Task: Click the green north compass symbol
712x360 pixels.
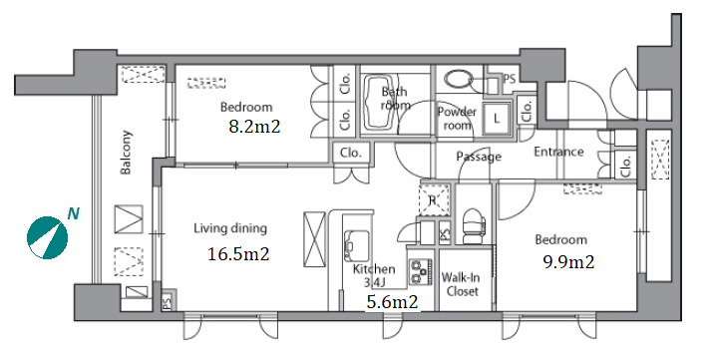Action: click(x=47, y=238)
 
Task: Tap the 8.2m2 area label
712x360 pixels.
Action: click(x=254, y=127)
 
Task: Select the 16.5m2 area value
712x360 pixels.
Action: click(x=238, y=253)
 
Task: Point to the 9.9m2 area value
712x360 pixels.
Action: click(x=569, y=261)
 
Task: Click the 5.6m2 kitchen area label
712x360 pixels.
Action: click(x=392, y=302)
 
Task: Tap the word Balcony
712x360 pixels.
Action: click(x=126, y=153)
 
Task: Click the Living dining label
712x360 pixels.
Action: click(x=230, y=228)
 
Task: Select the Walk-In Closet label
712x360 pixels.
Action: click(x=461, y=284)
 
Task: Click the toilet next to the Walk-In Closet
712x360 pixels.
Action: click(x=473, y=225)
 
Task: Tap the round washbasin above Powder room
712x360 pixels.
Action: click(x=459, y=81)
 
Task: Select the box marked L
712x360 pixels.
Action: click(x=497, y=119)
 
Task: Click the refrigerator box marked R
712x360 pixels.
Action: click(x=434, y=199)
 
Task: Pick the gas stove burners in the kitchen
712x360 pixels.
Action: click(x=420, y=271)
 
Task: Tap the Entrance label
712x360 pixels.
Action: click(x=558, y=152)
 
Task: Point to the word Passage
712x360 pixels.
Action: click(x=479, y=158)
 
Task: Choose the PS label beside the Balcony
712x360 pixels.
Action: click(x=167, y=301)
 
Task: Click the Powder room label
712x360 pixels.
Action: click(x=457, y=118)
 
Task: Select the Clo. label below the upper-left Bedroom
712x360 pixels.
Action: click(x=351, y=153)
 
